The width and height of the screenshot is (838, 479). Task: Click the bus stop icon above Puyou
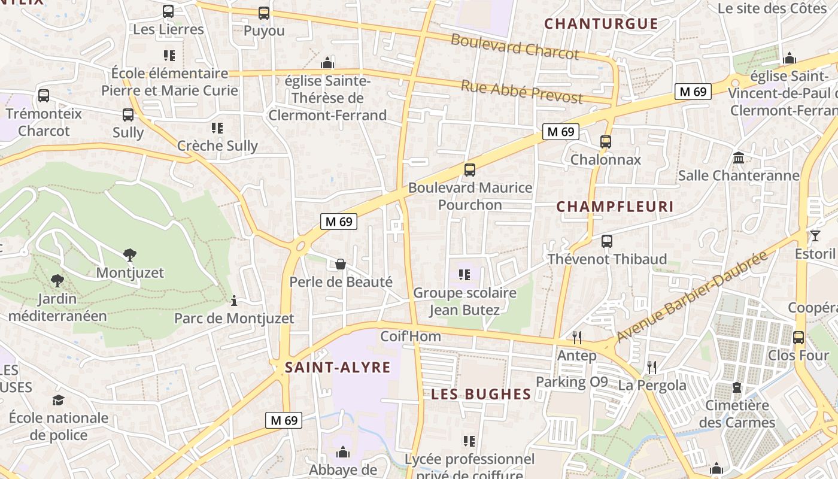[263, 13]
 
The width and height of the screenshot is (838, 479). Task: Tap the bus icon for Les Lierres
[168, 11]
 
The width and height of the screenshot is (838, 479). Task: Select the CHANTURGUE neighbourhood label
[601, 24]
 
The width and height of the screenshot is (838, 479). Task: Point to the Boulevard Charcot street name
[515, 47]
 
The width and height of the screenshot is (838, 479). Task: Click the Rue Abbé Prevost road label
[521, 91]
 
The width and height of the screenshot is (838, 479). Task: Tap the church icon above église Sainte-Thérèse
[327, 62]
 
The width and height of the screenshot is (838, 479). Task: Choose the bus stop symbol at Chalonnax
[606, 142]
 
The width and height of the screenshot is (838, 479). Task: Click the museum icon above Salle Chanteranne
[739, 158]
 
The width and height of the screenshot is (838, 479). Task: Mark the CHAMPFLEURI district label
[615, 207]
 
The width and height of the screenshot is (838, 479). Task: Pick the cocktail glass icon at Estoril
[815, 236]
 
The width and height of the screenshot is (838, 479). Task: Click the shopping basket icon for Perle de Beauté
[341, 264]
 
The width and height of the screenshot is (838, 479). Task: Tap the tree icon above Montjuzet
[129, 255]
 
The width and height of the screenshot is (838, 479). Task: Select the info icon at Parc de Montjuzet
[234, 301]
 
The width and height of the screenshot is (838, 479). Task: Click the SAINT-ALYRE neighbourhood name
[338, 367]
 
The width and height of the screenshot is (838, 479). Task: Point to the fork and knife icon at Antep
[576, 338]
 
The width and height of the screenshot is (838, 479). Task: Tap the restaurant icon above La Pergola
[652, 367]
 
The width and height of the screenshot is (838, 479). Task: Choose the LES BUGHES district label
[481, 394]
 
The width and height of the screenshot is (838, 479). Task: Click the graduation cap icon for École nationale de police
[58, 400]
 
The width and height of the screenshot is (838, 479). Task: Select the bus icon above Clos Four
[798, 338]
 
